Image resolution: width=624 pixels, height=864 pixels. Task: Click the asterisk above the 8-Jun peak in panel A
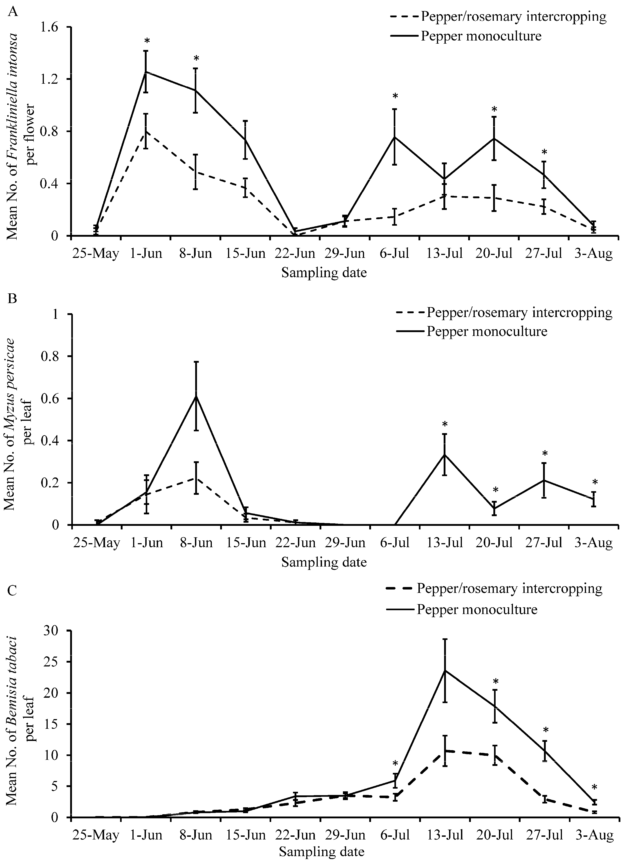(x=196, y=59)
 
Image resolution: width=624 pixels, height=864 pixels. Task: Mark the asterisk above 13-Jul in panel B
(x=445, y=424)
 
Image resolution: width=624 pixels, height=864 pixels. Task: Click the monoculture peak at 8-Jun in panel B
(x=196, y=396)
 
